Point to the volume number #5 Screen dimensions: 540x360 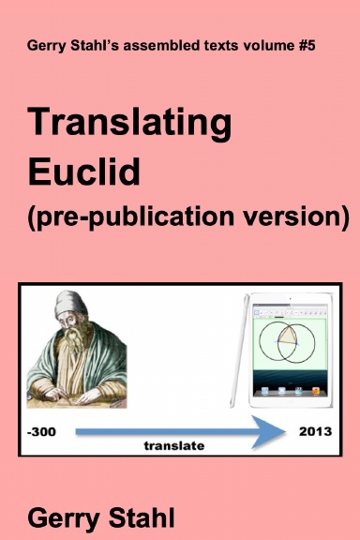tap(314, 46)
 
